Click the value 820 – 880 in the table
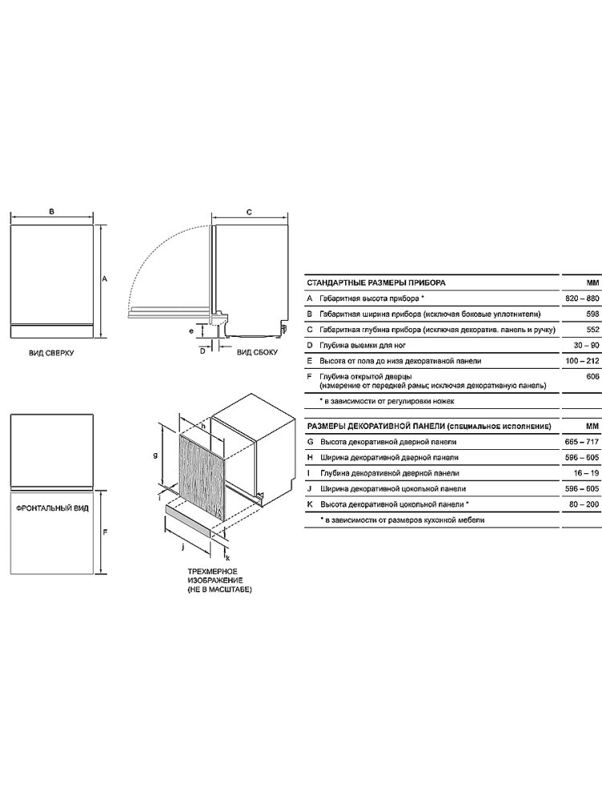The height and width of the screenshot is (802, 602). click(x=581, y=298)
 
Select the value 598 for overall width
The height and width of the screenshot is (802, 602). click(x=592, y=314)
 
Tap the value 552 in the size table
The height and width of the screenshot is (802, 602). click(x=592, y=330)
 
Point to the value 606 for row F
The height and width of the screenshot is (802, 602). click(x=592, y=377)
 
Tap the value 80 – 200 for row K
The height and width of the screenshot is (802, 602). click(x=584, y=504)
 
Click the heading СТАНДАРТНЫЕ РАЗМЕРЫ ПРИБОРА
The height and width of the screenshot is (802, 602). click(x=376, y=282)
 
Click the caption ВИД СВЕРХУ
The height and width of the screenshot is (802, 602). click(x=51, y=353)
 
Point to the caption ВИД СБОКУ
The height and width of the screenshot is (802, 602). click(x=257, y=352)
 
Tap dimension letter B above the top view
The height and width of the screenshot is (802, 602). click(x=51, y=211)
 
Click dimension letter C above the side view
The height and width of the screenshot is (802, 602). click(x=250, y=212)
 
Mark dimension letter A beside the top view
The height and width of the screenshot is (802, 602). click(x=104, y=279)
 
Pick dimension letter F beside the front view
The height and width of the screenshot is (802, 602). click(x=104, y=533)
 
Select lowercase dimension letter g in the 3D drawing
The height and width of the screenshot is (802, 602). click(x=155, y=456)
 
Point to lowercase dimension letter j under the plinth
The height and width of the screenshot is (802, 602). click(x=183, y=547)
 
